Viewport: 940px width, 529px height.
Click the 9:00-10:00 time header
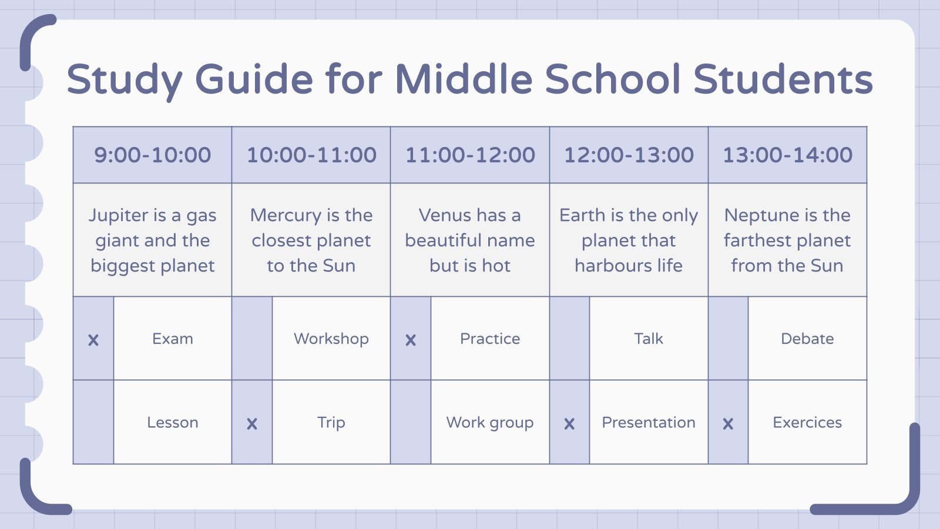(x=152, y=155)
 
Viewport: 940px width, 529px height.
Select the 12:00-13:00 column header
(x=629, y=155)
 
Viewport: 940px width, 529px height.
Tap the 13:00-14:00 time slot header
(x=787, y=155)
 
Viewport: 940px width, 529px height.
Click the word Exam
(x=173, y=339)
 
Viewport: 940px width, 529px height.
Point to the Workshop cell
(x=331, y=339)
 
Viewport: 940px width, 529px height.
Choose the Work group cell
(x=490, y=423)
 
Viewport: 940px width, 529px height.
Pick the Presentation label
(x=649, y=423)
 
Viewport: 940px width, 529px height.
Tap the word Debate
(x=807, y=339)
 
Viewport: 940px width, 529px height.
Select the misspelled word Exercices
(x=807, y=423)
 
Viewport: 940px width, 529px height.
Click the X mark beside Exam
(x=93, y=340)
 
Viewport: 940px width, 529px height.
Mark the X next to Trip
(x=252, y=424)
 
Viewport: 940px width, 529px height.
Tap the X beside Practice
(x=411, y=340)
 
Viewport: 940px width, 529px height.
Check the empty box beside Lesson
(x=93, y=422)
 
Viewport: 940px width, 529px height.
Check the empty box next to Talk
(x=569, y=339)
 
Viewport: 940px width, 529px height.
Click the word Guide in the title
(x=254, y=79)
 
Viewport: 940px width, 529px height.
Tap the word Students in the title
(x=783, y=79)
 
